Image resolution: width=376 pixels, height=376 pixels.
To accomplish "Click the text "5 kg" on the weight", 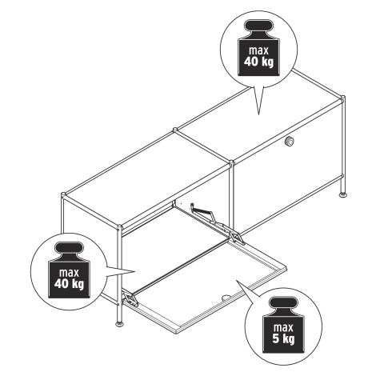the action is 283,339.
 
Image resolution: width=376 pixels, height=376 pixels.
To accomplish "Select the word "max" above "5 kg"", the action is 283,328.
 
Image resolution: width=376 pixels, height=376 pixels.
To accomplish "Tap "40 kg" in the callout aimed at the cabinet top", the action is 258,62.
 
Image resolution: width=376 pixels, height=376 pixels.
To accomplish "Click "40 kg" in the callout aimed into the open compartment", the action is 69,284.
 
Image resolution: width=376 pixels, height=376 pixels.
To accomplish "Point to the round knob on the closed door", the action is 289,141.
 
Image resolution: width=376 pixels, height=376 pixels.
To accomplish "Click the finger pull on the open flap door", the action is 226,297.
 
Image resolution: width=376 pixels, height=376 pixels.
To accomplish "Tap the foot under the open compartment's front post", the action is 120,324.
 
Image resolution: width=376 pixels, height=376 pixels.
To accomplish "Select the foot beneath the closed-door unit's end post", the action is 343,195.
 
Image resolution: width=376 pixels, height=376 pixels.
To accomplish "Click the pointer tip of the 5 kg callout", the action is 236,280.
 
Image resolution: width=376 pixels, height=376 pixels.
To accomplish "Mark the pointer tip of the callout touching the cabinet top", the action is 258,114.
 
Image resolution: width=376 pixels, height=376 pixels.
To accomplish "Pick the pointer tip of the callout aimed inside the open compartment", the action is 135,272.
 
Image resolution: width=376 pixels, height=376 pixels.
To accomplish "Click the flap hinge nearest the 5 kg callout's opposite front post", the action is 130,299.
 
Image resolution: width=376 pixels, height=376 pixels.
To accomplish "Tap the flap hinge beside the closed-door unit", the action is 238,238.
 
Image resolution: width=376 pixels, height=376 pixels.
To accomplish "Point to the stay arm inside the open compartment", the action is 205,212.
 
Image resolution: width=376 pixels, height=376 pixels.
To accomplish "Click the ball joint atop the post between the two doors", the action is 231,162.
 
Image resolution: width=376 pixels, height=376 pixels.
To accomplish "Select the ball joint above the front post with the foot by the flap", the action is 119,227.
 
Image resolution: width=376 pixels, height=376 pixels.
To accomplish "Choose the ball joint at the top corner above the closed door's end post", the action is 342,98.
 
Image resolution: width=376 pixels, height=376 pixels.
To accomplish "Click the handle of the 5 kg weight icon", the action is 283,303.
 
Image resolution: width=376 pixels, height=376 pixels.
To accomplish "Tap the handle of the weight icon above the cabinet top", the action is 258,26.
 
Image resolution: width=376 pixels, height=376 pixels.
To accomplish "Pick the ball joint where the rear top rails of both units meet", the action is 175,130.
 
